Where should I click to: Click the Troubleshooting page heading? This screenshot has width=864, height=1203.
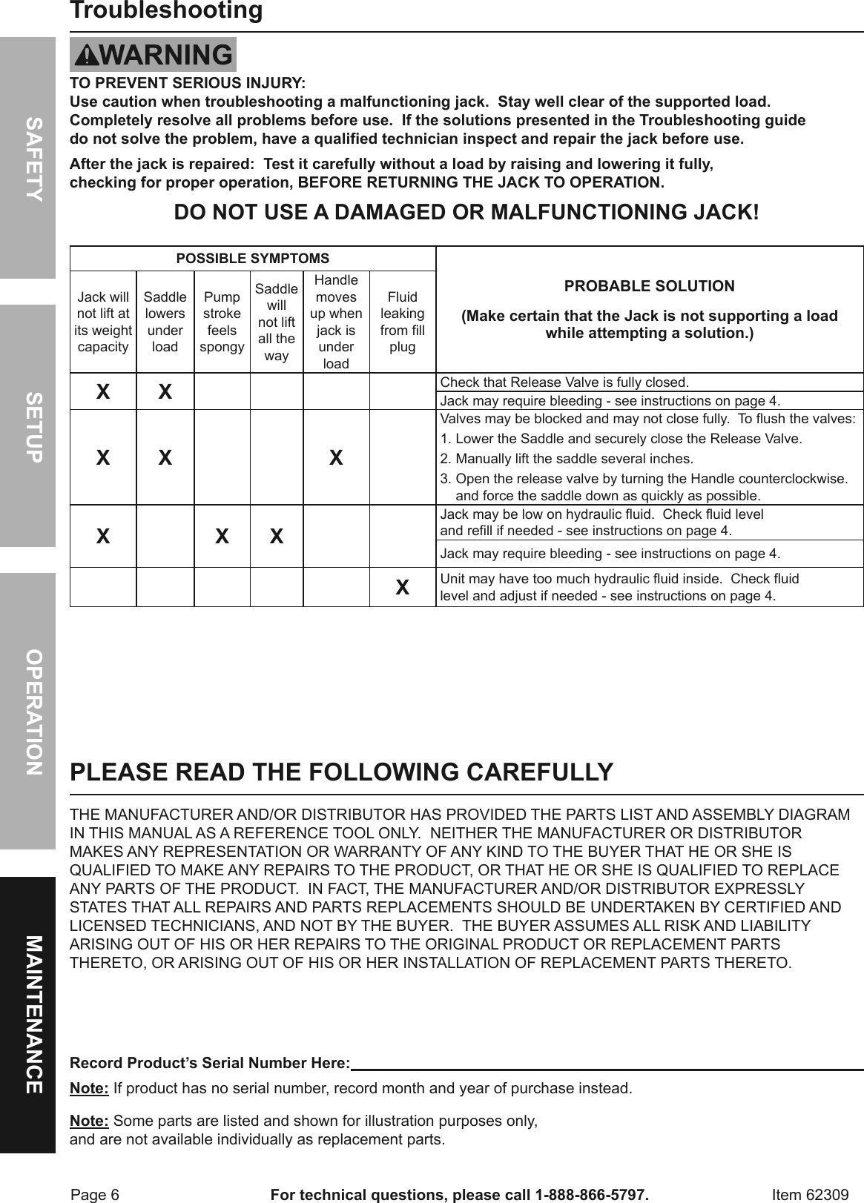tap(166, 11)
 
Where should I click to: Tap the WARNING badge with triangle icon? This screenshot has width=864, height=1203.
tap(153, 55)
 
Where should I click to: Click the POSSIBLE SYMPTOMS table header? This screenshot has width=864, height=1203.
tap(252, 259)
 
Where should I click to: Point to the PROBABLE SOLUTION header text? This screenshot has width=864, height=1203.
tap(649, 286)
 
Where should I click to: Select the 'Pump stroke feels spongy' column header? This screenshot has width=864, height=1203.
tap(222, 322)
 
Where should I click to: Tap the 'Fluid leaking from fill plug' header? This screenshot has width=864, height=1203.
tap(402, 322)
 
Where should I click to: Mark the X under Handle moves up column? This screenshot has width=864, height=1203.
tap(336, 457)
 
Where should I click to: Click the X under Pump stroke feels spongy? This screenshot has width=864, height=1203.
tap(222, 536)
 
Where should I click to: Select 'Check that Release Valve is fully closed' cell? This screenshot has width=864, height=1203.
tap(564, 382)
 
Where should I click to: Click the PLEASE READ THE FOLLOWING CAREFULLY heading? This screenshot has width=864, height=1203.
tap(341, 772)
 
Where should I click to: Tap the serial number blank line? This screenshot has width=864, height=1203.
tap(607, 1064)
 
